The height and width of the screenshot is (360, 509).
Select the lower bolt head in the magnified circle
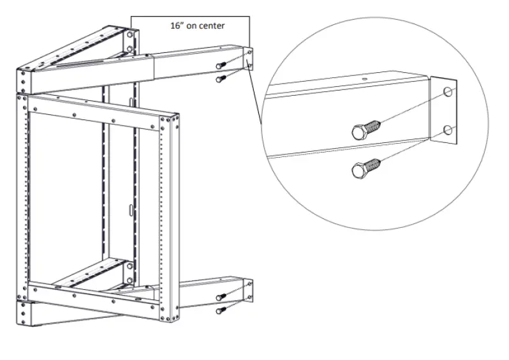click(x=360, y=170)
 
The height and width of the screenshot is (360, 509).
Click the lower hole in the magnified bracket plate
click(x=448, y=130)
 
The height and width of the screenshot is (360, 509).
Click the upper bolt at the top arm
click(x=222, y=64)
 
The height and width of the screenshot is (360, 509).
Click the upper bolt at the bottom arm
click(x=221, y=297)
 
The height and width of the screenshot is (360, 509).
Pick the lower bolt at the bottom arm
click(x=221, y=310)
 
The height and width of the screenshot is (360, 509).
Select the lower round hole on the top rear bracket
click(x=130, y=48)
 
